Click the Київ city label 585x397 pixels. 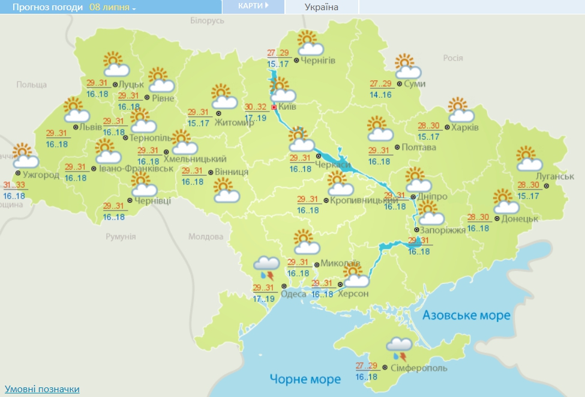click(x=288, y=107)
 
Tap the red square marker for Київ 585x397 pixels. click(x=274, y=107)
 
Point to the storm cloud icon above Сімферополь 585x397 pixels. click(x=399, y=347)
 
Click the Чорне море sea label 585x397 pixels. click(x=305, y=379)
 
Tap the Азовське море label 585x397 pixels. click(x=466, y=315)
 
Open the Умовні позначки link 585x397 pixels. click(x=42, y=389)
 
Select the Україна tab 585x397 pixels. click(x=321, y=7)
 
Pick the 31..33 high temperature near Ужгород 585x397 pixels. click(x=15, y=185)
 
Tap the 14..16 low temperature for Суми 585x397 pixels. click(x=381, y=95)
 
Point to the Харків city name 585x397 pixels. click(x=465, y=128)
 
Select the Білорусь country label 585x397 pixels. click(x=207, y=21)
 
